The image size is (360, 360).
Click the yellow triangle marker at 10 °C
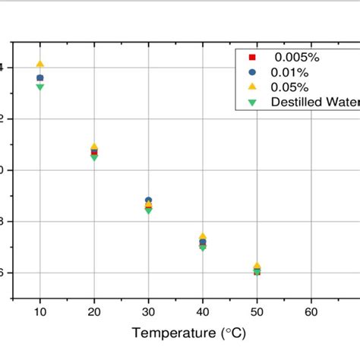click(x=40, y=65)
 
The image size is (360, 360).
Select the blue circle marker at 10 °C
click(x=40, y=78)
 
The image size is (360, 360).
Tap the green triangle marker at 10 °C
click(x=40, y=87)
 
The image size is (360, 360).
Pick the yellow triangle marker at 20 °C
click(x=94, y=147)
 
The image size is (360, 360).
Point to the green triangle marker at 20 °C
click(x=94, y=157)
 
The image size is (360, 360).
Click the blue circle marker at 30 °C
click(x=148, y=201)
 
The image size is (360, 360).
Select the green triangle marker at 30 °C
click(x=148, y=210)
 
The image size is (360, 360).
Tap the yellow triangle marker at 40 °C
click(x=203, y=237)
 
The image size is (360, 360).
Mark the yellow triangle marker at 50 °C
click(x=257, y=266)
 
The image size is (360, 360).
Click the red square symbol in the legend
click(x=253, y=57)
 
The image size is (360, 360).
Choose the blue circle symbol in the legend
click(x=253, y=71)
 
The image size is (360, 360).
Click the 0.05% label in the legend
click(x=290, y=87)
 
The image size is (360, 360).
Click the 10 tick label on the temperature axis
click(x=40, y=311)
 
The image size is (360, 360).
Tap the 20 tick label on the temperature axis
click(x=94, y=311)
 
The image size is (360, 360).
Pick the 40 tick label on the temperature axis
click(x=203, y=311)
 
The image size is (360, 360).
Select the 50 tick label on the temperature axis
click(x=257, y=311)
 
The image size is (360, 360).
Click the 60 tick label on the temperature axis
click(x=311, y=311)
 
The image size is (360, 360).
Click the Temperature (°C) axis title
click(x=188, y=333)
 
